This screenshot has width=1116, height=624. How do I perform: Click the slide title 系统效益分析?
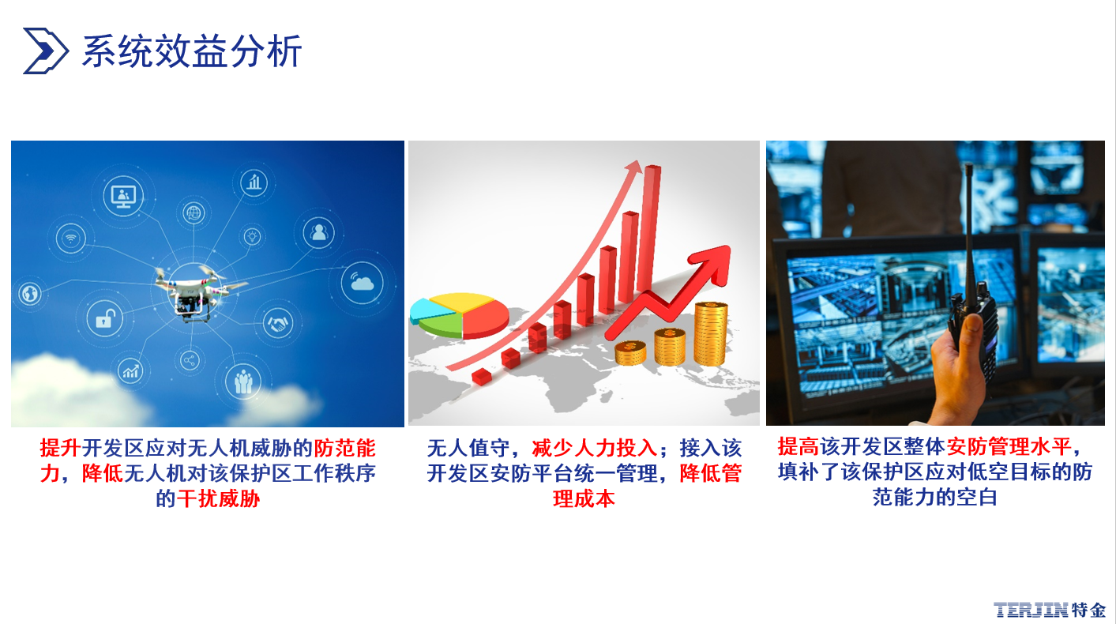(x=192, y=51)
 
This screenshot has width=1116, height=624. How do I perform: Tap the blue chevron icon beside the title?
(x=45, y=51)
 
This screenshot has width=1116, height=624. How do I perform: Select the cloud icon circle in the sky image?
(x=363, y=283)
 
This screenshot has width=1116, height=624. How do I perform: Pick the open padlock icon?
(x=104, y=318)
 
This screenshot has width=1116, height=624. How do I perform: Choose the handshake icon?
(x=278, y=323)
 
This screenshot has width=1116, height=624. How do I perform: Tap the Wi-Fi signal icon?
(x=71, y=238)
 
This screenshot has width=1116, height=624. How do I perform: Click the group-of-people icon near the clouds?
(x=243, y=382)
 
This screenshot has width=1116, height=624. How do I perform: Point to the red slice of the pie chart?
(x=484, y=319)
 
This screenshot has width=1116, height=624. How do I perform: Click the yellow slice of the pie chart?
(x=460, y=302)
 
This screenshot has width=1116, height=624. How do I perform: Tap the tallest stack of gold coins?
(x=711, y=333)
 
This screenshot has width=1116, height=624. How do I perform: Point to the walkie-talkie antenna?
(x=970, y=229)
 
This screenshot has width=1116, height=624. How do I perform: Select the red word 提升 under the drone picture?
(x=60, y=448)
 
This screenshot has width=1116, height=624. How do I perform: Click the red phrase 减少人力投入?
(x=595, y=448)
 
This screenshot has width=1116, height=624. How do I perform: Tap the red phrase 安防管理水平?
(x=1009, y=446)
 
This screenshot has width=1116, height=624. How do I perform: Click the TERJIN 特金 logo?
(x=1049, y=610)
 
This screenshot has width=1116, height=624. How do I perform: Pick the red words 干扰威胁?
(x=218, y=498)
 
